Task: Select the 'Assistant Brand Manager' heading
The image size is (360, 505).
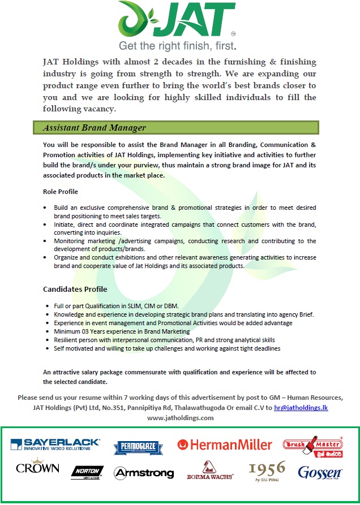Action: tap(95, 128)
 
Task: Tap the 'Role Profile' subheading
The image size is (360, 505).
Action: tap(61, 192)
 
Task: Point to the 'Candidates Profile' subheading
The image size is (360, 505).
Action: tap(75, 289)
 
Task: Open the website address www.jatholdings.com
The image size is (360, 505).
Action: tap(180, 417)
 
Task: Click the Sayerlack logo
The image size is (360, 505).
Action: tap(55, 444)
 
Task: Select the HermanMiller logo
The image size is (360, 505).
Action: tap(225, 445)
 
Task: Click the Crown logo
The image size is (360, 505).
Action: tap(38, 468)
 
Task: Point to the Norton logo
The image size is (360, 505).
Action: tap(87, 472)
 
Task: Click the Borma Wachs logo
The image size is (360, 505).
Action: tap(209, 471)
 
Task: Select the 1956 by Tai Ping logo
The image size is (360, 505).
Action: tap(267, 469)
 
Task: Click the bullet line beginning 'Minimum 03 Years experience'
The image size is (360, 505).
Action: tap(122, 331)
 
